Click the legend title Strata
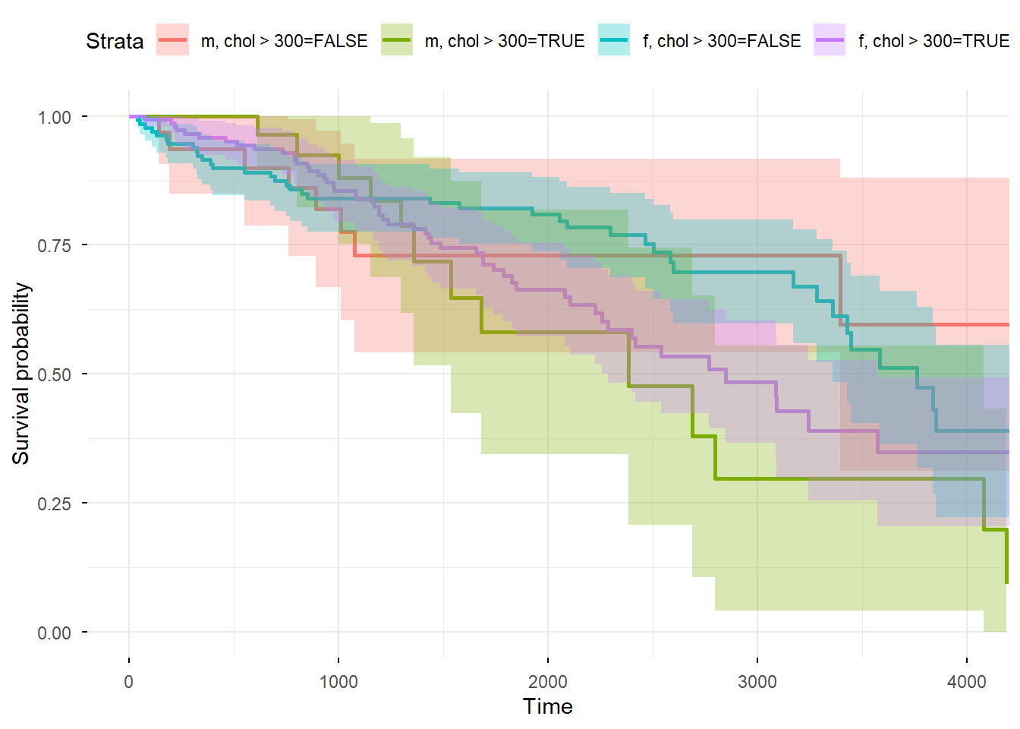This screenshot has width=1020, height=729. [x=115, y=41]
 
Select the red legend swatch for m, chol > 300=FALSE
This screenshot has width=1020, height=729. [x=172, y=40]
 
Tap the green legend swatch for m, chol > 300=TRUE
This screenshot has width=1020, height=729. [x=397, y=40]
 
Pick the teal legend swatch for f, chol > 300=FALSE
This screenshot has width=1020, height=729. [x=614, y=40]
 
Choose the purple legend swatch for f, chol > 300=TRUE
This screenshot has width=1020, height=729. [x=830, y=40]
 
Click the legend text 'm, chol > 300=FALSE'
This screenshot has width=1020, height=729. [x=284, y=41]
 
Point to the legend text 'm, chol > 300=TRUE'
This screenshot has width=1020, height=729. [x=505, y=41]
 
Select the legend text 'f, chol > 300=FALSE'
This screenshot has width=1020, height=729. [x=722, y=41]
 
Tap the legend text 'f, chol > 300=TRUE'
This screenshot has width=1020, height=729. [x=933, y=41]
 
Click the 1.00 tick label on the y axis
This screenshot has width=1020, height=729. [x=55, y=117]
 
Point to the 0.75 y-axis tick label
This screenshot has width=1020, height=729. [x=55, y=245]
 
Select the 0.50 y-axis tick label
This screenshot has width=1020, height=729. [x=55, y=374]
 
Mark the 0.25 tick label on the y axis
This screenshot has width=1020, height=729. [x=55, y=503]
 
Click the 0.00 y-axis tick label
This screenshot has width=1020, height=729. [x=55, y=633]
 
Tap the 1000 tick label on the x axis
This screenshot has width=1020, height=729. [x=338, y=681]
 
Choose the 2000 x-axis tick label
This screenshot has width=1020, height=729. [x=548, y=681]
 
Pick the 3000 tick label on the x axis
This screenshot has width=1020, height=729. [x=757, y=681]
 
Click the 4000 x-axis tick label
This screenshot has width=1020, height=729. [x=967, y=681]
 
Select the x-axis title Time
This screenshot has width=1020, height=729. [x=548, y=707]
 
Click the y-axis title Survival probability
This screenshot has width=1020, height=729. [x=20, y=374]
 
